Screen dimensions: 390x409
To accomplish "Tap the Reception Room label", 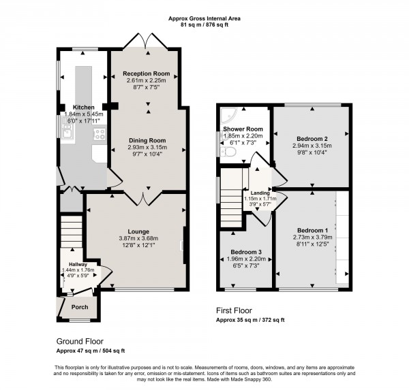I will click(x=147, y=73).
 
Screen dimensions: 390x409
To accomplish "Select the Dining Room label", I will click(x=148, y=141).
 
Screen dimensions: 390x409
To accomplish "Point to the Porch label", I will click(x=80, y=306).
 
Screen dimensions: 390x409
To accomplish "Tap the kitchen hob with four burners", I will click(x=100, y=133).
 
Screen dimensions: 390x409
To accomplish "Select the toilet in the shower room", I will click(x=229, y=154).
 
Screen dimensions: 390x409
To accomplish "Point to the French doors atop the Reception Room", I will click(x=147, y=41).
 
